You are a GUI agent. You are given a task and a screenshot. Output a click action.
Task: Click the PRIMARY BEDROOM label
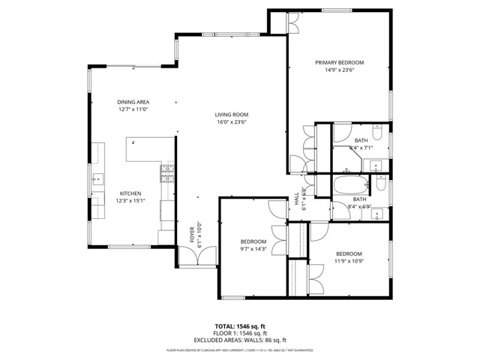point(339,63)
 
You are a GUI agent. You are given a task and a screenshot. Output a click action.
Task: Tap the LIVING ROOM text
point(231,114)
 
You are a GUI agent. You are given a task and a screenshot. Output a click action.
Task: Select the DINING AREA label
point(133,102)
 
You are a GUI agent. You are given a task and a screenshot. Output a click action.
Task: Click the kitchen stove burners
point(166,176)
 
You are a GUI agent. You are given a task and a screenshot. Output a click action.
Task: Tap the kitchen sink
point(97,179)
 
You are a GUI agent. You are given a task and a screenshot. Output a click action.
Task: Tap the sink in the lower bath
point(376,214)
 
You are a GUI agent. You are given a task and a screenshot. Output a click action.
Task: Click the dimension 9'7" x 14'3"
point(253,248)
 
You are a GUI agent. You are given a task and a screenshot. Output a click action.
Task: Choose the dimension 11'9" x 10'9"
point(349,261)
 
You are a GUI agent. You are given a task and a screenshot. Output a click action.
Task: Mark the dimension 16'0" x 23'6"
point(231,122)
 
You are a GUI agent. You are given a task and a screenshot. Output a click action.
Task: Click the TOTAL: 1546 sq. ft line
point(239,326)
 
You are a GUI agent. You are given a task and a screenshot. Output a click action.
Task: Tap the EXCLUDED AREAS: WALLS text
point(239,340)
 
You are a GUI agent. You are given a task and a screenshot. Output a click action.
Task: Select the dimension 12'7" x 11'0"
point(133,110)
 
